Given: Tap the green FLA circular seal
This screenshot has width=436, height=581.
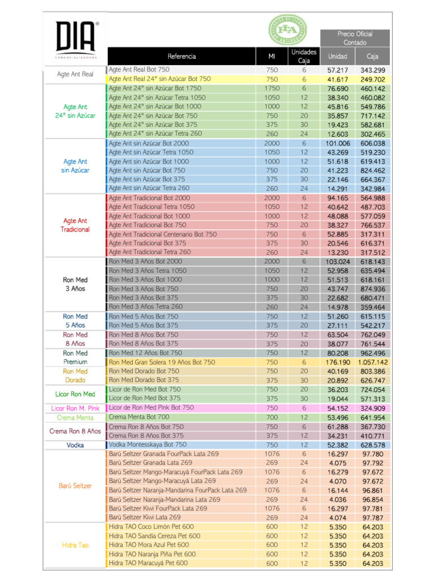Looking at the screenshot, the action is [x=287, y=30].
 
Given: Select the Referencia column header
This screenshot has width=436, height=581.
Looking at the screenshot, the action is [x=181, y=56].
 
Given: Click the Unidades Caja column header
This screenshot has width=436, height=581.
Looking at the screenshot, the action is [x=304, y=56].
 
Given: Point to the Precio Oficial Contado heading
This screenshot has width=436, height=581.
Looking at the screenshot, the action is [x=355, y=38].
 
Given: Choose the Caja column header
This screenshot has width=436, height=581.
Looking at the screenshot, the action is [x=372, y=56].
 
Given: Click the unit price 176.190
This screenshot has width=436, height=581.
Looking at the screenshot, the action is [x=337, y=363].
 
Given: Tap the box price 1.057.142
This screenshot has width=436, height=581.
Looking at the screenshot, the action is [x=372, y=363].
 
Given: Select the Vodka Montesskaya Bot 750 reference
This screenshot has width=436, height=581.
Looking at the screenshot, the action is [x=148, y=445].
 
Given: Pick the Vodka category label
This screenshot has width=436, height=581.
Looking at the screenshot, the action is [x=76, y=445].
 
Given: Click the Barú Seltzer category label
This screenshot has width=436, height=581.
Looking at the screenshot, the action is [x=76, y=486].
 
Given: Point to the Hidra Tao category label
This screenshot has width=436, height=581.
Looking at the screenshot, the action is [x=76, y=545].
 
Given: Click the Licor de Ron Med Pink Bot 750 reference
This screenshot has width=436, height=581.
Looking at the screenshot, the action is [x=151, y=407].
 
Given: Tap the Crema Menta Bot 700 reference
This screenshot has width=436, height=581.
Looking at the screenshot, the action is [x=139, y=417].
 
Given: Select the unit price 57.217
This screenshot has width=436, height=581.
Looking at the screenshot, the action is [x=337, y=70].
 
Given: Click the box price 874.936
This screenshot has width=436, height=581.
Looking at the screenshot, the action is [x=372, y=289].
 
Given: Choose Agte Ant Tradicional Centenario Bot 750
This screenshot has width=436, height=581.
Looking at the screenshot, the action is [x=163, y=234].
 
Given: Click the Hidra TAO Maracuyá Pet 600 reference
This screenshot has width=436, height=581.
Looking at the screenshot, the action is [x=148, y=563].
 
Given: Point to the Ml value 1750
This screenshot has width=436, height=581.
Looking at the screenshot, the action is [x=272, y=88].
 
